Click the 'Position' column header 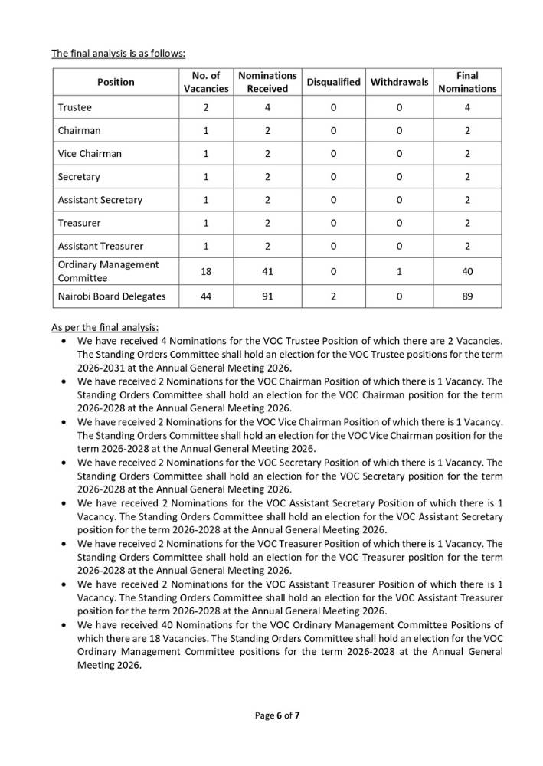click(x=116, y=82)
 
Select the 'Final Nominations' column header click(x=467, y=82)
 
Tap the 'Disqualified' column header click(x=333, y=82)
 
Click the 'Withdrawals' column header click(x=400, y=82)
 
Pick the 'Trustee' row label click(x=74, y=108)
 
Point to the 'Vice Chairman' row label click(x=90, y=154)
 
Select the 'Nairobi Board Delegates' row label click(x=111, y=296)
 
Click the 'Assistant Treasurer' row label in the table click(x=100, y=246)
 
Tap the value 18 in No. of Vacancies click(x=206, y=270)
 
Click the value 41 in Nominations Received click(x=267, y=270)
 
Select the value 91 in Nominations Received click(x=267, y=296)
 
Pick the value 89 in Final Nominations click(x=467, y=296)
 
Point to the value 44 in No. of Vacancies click(x=206, y=296)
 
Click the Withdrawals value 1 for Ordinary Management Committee click(x=400, y=270)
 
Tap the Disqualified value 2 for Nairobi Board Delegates click(x=333, y=296)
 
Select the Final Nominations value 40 click(x=467, y=270)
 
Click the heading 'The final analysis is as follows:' click(x=118, y=54)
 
